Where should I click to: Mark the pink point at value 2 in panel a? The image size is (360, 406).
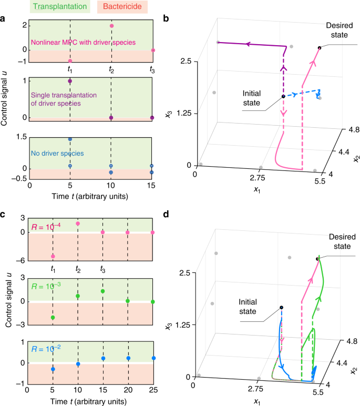coord(111,26)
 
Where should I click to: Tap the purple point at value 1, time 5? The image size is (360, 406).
coord(70,82)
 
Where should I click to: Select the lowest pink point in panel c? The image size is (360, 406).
coord(53,256)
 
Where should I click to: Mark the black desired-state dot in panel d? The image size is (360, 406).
coord(317,259)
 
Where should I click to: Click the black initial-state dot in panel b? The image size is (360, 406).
coord(283,97)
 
